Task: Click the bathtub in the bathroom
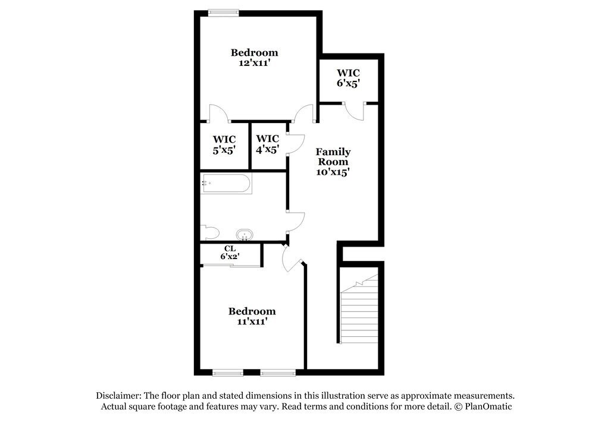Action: click(226, 183)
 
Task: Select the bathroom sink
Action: click(245, 234)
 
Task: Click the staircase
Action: click(359, 309)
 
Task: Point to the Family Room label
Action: click(333, 156)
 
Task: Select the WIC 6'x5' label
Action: click(349, 78)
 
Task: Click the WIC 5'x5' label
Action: click(224, 144)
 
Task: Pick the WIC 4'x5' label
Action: click(267, 144)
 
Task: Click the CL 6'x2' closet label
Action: click(230, 253)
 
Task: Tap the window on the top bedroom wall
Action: click(223, 11)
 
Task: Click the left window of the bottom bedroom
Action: click(228, 373)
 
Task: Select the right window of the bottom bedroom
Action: click(278, 373)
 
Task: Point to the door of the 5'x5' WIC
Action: click(218, 113)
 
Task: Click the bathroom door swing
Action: click(296, 221)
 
